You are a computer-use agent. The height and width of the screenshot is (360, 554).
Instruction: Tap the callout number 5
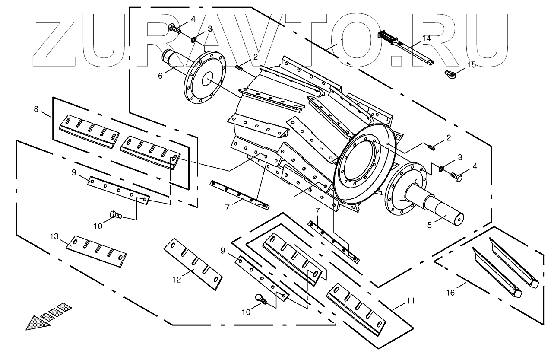(x=430, y=225)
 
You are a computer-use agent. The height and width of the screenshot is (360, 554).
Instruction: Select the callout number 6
(x=160, y=76)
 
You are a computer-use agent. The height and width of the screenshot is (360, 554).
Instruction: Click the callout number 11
(x=411, y=301)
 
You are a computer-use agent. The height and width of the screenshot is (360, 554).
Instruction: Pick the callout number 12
(x=176, y=280)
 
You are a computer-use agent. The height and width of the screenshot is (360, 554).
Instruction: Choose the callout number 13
(x=54, y=236)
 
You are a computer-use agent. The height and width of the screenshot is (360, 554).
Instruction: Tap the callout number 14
(x=427, y=38)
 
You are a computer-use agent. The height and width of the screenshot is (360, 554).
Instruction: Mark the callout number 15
(x=471, y=65)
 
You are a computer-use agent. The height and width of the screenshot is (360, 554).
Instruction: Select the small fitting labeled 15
(x=451, y=74)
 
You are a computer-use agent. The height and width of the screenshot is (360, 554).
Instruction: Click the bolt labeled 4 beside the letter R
(x=174, y=29)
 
